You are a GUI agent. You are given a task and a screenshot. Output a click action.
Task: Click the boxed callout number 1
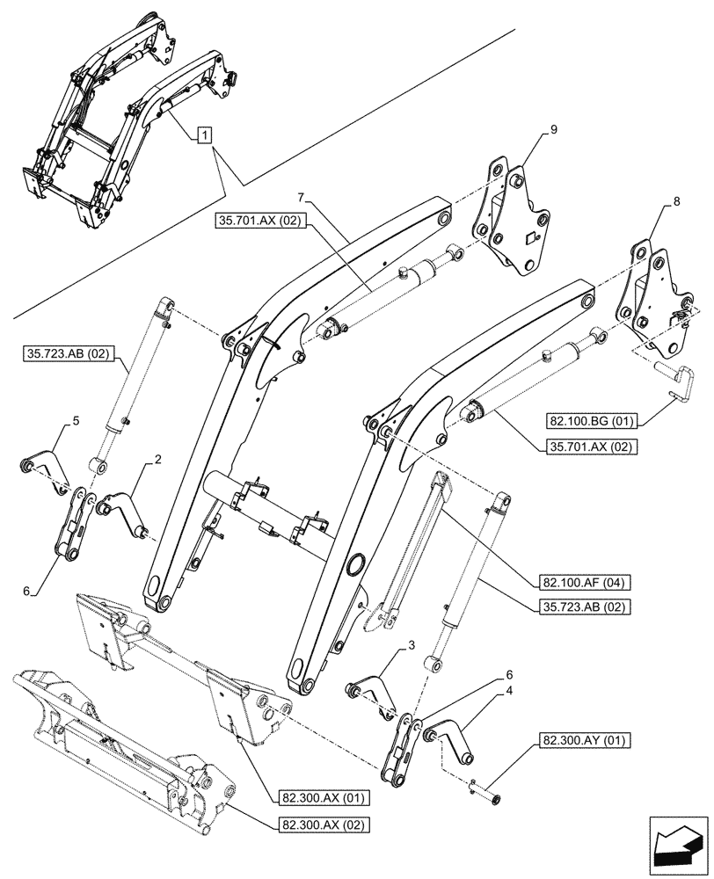tap(204, 135)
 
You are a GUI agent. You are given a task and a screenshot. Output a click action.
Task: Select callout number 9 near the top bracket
tap(553, 130)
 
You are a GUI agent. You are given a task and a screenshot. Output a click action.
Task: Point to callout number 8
tap(675, 201)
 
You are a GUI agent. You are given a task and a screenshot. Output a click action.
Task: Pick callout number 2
tap(157, 459)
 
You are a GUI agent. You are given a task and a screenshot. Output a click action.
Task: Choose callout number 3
tap(411, 646)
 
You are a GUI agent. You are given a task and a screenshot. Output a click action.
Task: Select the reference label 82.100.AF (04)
tap(579, 582)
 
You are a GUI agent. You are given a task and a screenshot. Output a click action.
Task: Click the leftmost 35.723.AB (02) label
tap(61, 355)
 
